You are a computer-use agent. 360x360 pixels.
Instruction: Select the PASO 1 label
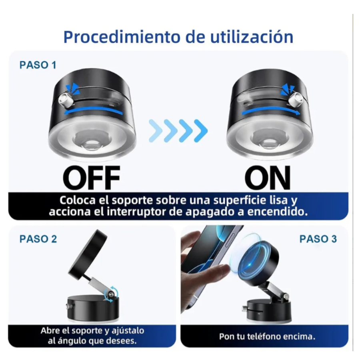38,65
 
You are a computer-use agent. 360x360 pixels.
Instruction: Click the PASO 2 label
38,239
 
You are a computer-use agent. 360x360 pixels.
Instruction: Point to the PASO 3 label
318,239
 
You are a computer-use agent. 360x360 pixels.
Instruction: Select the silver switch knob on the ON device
296,101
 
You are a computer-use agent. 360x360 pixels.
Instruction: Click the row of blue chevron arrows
178,130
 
